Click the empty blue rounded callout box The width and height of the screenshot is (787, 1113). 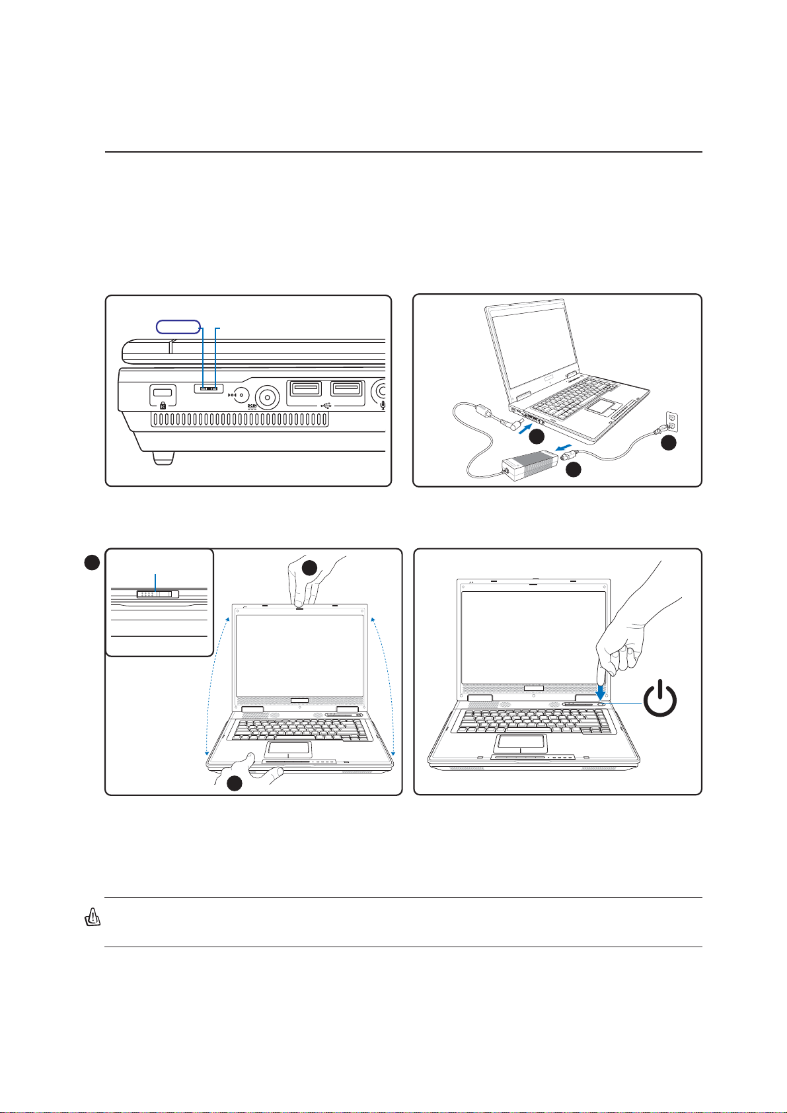click(178, 326)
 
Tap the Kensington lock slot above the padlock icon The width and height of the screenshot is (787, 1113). click(163, 392)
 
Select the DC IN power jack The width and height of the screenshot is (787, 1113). click(268, 398)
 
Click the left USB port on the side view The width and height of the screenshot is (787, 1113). click(306, 388)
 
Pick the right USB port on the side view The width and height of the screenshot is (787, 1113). click(346, 388)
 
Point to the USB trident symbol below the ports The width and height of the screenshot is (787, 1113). click(326, 405)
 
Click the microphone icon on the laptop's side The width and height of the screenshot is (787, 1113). click(383, 406)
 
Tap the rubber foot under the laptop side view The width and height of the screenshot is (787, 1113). click(164, 458)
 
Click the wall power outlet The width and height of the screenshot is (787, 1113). click(672, 422)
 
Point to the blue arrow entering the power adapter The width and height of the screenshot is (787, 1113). click(563, 448)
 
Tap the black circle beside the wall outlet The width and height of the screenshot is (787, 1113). click(669, 442)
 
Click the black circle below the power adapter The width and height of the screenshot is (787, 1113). click(574, 470)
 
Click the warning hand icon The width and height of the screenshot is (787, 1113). click(93, 917)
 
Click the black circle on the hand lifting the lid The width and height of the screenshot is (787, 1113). click(310, 568)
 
